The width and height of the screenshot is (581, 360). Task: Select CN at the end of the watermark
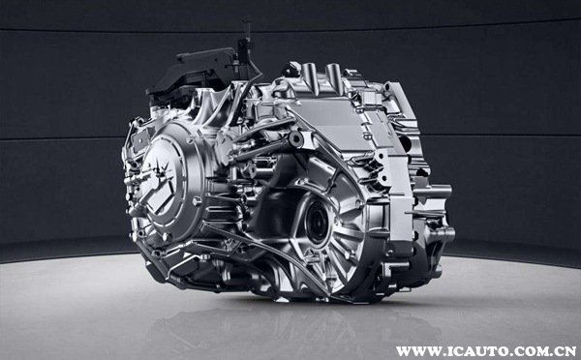pyautogui.click(x=566, y=350)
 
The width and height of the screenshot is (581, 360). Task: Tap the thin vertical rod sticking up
pyautogui.click(x=247, y=33)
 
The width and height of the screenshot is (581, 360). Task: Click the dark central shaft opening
pyautogui.click(x=317, y=223)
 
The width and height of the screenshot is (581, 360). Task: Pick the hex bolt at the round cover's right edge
pyautogui.click(x=197, y=201)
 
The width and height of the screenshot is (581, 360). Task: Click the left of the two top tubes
pyautogui.click(x=310, y=75)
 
